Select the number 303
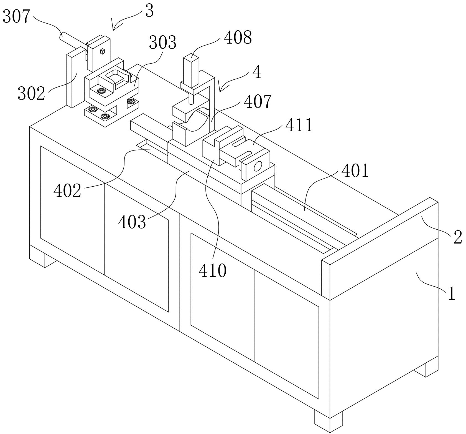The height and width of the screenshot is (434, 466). (x=162, y=43)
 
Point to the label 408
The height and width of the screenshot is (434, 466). (x=238, y=37)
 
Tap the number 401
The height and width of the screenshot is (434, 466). (x=355, y=170)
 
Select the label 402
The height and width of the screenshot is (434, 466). (x=67, y=191)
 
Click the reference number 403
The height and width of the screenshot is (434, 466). (x=132, y=222)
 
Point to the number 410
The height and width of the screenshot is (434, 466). (x=213, y=270)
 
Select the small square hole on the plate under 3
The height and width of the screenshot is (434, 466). (x=102, y=51)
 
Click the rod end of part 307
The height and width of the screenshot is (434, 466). (x=62, y=36)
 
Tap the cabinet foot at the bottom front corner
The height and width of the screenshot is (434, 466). (x=328, y=422)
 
